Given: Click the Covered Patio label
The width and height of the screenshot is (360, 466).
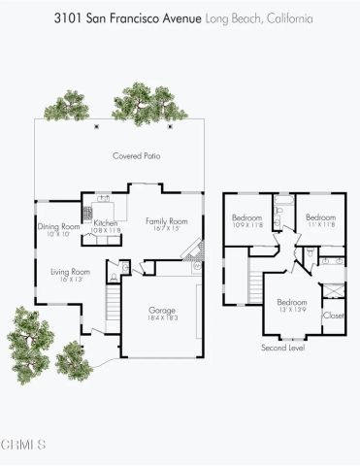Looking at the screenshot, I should (135, 155).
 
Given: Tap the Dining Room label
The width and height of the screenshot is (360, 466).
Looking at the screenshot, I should (57, 226).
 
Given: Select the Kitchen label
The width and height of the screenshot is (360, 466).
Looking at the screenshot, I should (106, 223).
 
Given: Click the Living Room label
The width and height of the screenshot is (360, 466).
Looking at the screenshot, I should (70, 271).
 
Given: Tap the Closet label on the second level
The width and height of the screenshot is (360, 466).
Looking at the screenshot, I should (333, 315).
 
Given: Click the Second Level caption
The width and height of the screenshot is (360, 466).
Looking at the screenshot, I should (282, 347).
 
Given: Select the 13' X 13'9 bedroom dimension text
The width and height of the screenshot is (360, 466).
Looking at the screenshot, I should (292, 310).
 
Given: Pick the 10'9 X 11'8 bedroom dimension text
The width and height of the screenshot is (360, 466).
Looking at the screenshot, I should (246, 225).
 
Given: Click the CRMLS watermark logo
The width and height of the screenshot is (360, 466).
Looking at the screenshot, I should (24, 445).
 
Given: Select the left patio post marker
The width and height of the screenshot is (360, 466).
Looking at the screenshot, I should (95, 125).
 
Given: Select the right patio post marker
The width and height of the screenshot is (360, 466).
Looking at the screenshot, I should (171, 125).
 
